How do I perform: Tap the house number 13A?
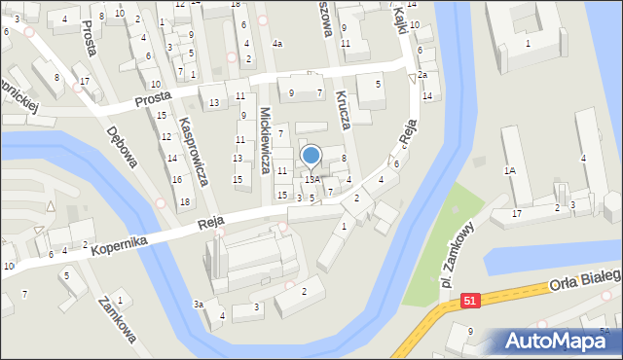click(311, 179)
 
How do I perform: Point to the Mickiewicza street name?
click(265, 140)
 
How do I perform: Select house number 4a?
click(277, 44)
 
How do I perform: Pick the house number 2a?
click(422, 75)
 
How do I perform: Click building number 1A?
click(509, 170)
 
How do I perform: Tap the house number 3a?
click(198, 305)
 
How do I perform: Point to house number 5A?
click(604, 332)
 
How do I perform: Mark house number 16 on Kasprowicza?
click(176, 179)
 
